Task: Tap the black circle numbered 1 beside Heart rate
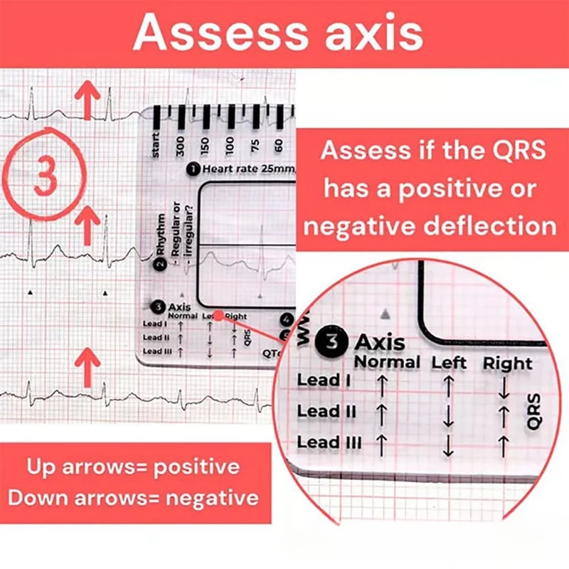(193, 169)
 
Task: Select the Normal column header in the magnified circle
(387, 362)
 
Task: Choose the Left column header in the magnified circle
(450, 362)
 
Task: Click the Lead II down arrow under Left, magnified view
(448, 416)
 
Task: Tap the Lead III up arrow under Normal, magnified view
(381, 445)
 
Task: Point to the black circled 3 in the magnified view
(332, 341)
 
